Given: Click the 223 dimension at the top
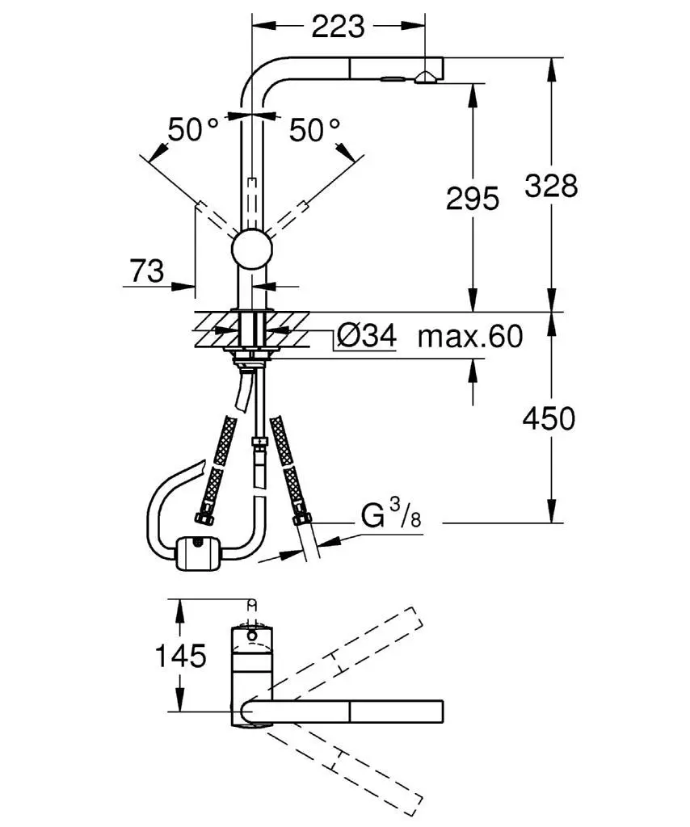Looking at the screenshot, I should click(x=338, y=27).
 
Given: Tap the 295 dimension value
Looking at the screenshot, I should click(x=473, y=198).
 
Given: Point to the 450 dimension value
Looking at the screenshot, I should click(x=549, y=418).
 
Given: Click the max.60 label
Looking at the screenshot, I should click(x=469, y=337).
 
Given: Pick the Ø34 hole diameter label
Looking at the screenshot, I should click(x=366, y=337).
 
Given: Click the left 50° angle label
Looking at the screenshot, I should click(x=193, y=129).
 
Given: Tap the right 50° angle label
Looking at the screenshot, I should click(x=314, y=129).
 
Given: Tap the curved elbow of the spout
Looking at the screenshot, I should click(x=257, y=81).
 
